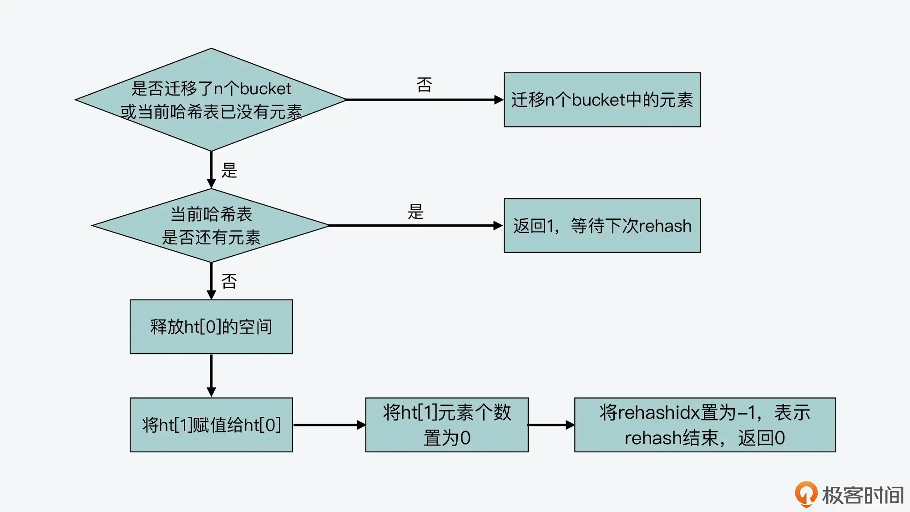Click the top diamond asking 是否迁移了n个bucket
coord(211,100)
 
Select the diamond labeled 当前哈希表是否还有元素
coord(211,225)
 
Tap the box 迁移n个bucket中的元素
coord(602,100)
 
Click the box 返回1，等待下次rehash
coord(602,225)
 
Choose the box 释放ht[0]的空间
coord(211,326)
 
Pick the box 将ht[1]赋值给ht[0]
coord(211,425)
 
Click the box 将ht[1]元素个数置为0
coord(447,425)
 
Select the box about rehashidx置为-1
coord(705,425)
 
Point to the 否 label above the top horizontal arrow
coord(424,85)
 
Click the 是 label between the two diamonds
coord(229,170)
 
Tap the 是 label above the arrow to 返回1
coord(415,212)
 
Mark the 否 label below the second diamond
coord(229,281)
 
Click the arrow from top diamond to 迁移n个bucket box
coord(423,100)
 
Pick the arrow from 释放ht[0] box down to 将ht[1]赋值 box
coord(211,375)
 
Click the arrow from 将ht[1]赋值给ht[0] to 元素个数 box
coord(329,425)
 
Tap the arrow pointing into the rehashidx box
coord(551,425)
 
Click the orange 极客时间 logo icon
coord(806,494)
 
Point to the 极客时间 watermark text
coord(863,495)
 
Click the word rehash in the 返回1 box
coord(666,226)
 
